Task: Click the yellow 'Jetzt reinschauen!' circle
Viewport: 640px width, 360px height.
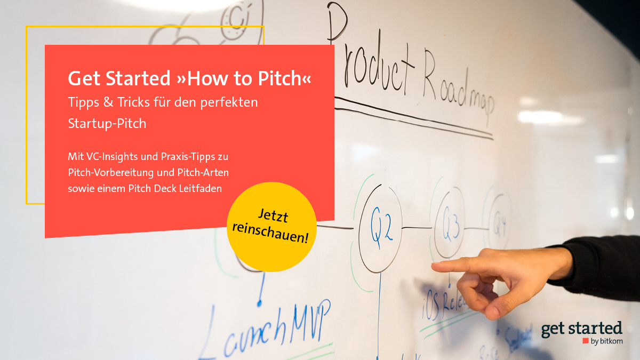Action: point(272,227)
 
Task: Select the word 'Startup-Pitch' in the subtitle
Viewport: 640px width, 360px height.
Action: point(107,123)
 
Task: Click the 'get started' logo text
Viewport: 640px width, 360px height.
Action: point(581,329)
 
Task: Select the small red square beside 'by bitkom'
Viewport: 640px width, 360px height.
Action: point(586,341)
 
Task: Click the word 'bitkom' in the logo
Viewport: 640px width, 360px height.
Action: point(611,341)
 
